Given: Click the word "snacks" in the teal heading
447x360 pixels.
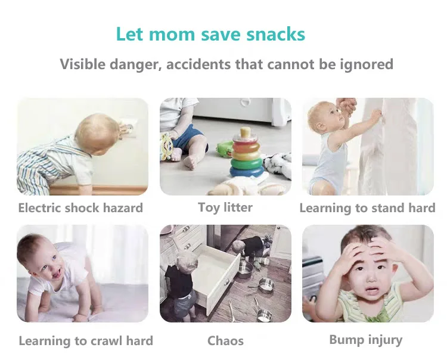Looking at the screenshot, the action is pyautogui.click(x=276, y=34).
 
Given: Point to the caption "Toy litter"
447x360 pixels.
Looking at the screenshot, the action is pyautogui.click(x=225, y=207).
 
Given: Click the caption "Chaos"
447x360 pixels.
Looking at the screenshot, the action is pyautogui.click(x=225, y=340).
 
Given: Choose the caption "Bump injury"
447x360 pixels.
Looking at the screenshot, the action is pyautogui.click(x=366, y=340).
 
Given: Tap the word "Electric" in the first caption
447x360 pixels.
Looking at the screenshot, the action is pyautogui.click(x=39, y=208).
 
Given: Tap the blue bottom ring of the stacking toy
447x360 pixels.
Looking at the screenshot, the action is pyautogui.click(x=247, y=171).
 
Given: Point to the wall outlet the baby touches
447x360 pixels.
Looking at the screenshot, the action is pyautogui.click(x=128, y=128).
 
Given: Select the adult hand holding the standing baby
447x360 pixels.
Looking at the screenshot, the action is pyautogui.click(x=346, y=106).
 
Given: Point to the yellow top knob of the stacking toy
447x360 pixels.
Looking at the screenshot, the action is pyautogui.click(x=245, y=132).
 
